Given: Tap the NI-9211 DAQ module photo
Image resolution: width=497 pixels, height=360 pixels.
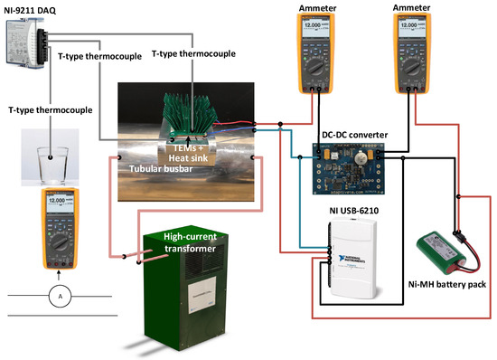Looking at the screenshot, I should [27, 42].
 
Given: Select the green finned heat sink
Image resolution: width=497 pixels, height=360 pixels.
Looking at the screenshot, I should [188, 113].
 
